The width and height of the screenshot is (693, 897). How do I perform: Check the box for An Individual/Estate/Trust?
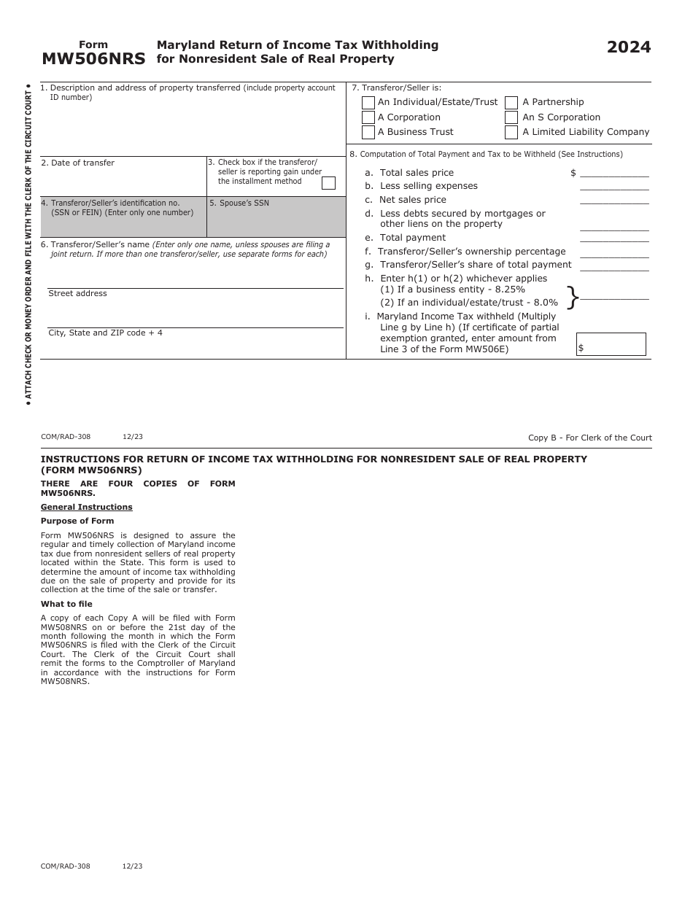pos(368,103)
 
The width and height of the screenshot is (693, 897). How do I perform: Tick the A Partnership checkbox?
pos(511,103)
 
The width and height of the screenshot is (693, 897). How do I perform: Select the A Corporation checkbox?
pos(368,117)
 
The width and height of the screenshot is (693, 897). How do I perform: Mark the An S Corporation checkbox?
pos(511,117)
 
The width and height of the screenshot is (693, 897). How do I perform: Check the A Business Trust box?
pos(368,132)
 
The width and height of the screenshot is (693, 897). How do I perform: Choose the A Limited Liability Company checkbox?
pos(511,132)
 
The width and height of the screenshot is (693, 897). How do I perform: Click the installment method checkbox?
pos(328,183)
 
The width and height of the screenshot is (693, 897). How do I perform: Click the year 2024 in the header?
pos(628,47)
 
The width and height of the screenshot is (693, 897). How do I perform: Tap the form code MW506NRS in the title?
pos(93,59)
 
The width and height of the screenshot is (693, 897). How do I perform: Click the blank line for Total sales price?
pos(613,173)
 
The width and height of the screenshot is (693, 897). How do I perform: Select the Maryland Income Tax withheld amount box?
pos(611,344)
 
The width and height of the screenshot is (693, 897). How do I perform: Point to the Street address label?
pos(77,294)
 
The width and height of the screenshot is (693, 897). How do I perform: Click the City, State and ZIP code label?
pos(105,333)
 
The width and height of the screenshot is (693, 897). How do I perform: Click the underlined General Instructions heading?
pos(86,508)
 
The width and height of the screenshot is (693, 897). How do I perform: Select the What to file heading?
pos(66,605)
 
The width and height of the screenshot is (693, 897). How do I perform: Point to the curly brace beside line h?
pos(573,297)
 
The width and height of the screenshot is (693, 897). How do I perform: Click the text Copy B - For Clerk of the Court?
pos(589,438)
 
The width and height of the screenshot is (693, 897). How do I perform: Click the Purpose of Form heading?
pos(77,521)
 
